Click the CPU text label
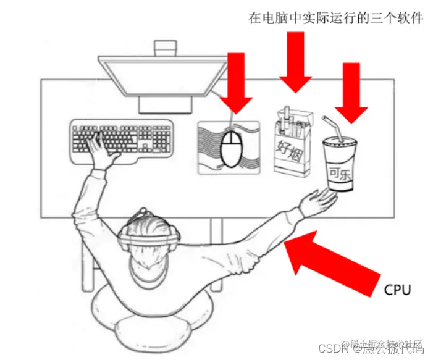[397, 289]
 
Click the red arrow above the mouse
[235, 83]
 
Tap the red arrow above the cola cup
[351, 93]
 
